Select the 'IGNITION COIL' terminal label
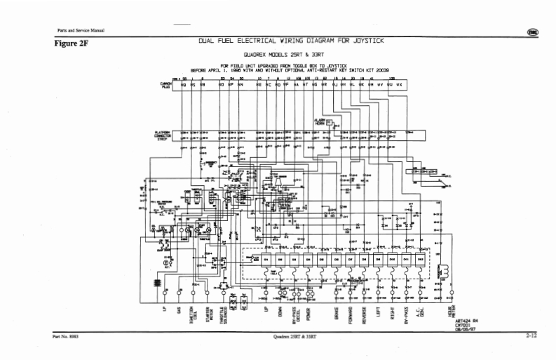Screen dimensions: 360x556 tap(194, 315)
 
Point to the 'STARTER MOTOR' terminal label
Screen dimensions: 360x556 tap(208, 315)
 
